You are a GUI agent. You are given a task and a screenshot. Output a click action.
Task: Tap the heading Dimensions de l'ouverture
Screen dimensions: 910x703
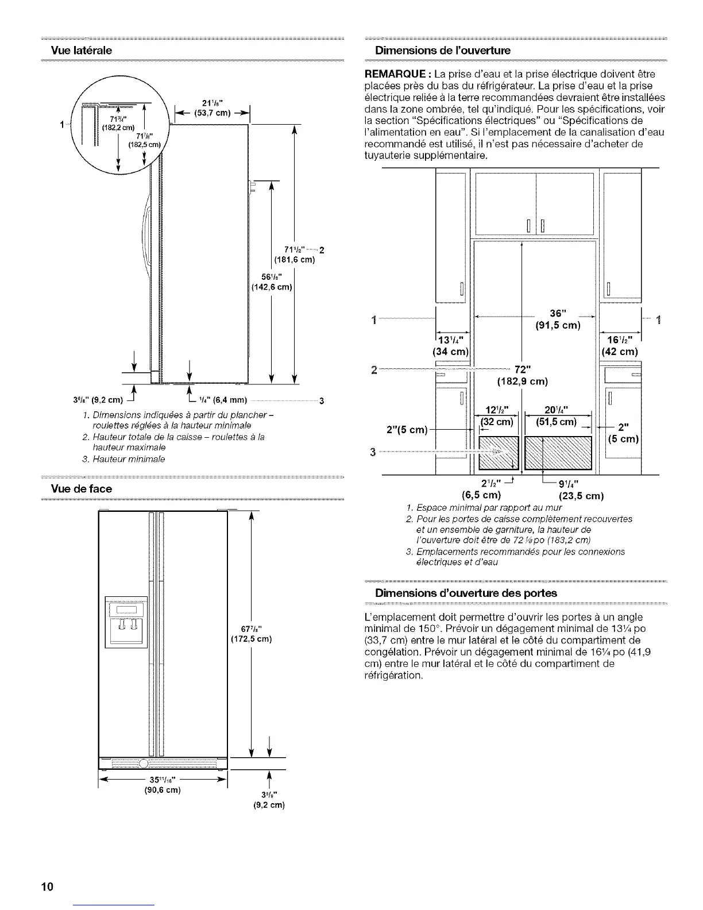(x=442, y=50)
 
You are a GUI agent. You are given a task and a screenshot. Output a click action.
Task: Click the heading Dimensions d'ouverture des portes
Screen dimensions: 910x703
(x=466, y=593)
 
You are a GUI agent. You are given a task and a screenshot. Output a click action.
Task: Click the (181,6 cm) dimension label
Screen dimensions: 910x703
(x=295, y=260)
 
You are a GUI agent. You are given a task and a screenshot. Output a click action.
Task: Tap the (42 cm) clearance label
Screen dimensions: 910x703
(x=619, y=351)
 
